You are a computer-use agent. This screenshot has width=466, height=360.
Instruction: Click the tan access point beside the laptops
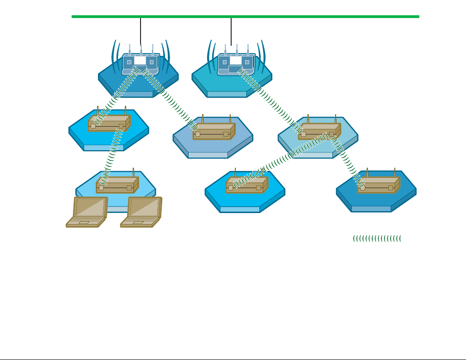117,185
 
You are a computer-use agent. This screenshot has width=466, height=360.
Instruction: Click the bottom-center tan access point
246,185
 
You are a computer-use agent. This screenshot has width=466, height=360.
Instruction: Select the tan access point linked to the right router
319,131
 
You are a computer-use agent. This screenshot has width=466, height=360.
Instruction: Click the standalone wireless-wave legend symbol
377,238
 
